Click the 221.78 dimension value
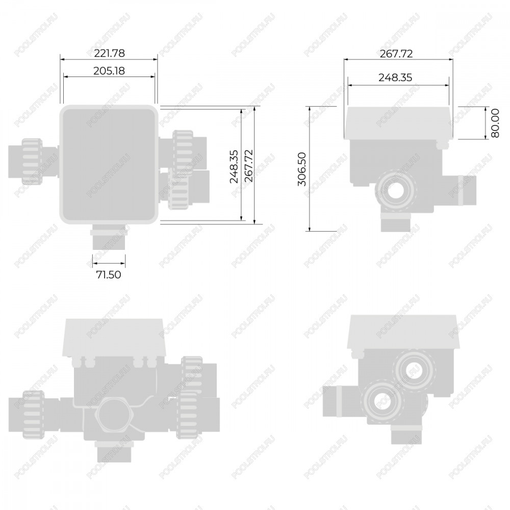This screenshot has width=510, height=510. pyautogui.click(x=109, y=53)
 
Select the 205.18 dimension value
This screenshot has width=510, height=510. pyautogui.click(x=109, y=70)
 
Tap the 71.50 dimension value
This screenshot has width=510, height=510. pyautogui.click(x=109, y=275)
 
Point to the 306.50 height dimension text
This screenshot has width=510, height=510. pyautogui.click(x=302, y=169)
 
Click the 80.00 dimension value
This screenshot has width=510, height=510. pyautogui.click(x=495, y=123)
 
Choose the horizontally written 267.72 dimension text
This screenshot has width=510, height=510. pyautogui.click(x=396, y=54)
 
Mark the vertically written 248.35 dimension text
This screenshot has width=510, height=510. pyautogui.click(x=234, y=167)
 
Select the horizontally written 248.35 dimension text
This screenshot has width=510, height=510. pyautogui.click(x=395, y=78)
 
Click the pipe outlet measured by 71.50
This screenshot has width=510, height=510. pyautogui.click(x=109, y=237)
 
